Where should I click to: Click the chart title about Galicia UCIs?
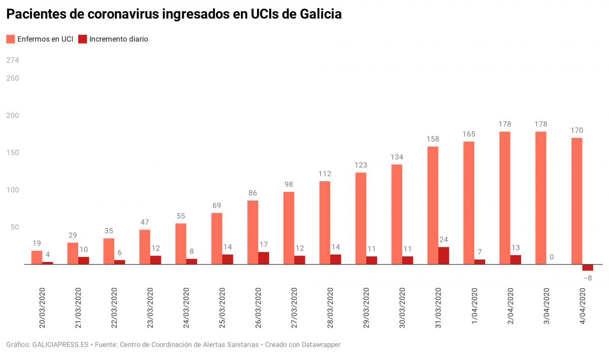[x=174, y=15]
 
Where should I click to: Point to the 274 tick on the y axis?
[x=12, y=60]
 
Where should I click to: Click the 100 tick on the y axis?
[x=12, y=190]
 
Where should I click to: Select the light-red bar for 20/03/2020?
[x=37, y=257]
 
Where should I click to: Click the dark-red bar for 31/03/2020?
[x=443, y=255]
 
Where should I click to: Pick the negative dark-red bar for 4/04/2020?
[x=588, y=268]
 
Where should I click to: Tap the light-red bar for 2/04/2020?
[x=504, y=198]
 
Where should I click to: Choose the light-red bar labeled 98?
[x=289, y=228]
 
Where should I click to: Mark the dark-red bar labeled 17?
[x=264, y=258]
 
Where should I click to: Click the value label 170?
[x=576, y=130]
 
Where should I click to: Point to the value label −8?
[x=588, y=278]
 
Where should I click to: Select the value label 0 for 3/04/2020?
[x=552, y=257]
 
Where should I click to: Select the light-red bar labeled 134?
[x=397, y=214]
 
